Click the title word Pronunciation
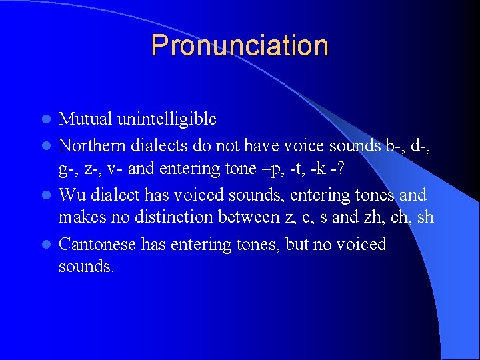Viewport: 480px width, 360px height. (x=239, y=45)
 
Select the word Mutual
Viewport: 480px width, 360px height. (x=87, y=119)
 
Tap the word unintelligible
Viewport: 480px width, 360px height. (x=167, y=119)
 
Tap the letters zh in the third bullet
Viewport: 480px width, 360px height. (x=373, y=217)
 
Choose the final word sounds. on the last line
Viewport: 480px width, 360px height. (x=86, y=267)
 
